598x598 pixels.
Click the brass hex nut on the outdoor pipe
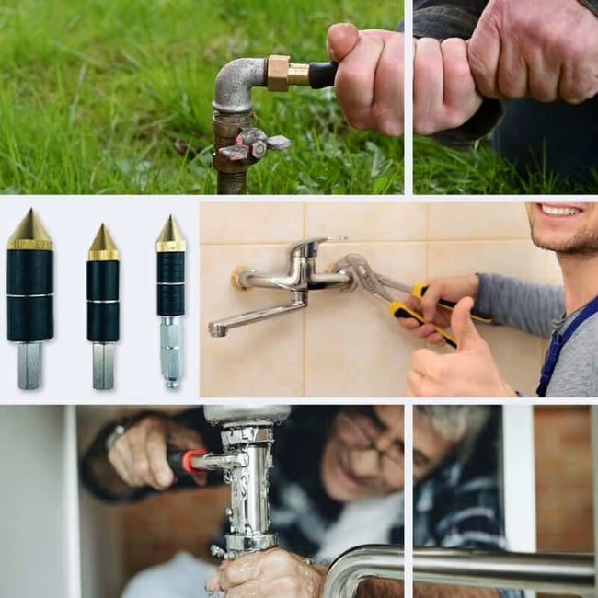[x=277, y=73]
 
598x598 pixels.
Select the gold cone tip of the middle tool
[x=103, y=243]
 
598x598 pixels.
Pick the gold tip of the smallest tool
[x=169, y=236]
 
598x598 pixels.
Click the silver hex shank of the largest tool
[x=30, y=364]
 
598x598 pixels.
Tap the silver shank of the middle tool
[x=103, y=365]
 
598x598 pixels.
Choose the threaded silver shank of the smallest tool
[x=170, y=354]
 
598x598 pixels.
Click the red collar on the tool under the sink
[x=194, y=461]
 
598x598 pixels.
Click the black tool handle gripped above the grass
[x=322, y=75]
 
